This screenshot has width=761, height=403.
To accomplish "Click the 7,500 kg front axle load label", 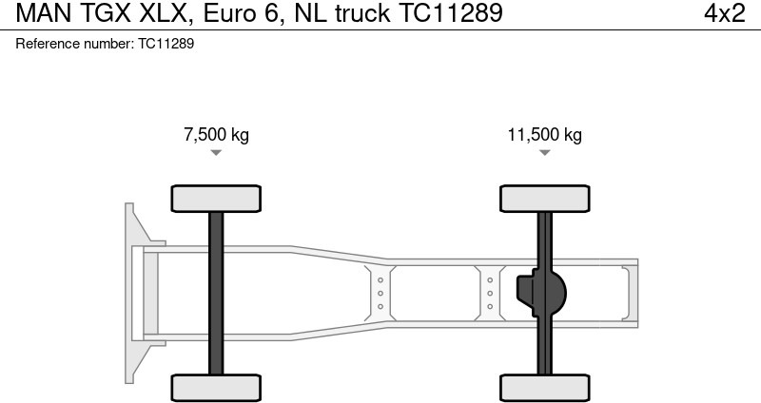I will pyautogui.click(x=216, y=134).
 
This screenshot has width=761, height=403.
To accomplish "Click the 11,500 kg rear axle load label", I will pyautogui.click(x=544, y=134).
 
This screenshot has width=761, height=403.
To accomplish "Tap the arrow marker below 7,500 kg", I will pyautogui.click(x=216, y=152).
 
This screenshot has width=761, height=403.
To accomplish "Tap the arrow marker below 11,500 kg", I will pyautogui.click(x=545, y=152).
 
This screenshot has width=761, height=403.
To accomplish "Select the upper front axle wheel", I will pyautogui.click(x=216, y=198).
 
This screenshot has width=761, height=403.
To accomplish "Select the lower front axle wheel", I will pyautogui.click(x=216, y=387).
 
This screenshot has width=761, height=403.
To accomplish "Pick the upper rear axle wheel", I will pyautogui.click(x=545, y=198).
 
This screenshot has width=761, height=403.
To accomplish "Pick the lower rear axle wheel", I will pyautogui.click(x=545, y=387).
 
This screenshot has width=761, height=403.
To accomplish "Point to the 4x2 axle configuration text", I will pyautogui.click(x=724, y=13).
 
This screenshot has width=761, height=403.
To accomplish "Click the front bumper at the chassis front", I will pyautogui.click(x=134, y=292).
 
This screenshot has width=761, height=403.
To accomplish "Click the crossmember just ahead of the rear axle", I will pyautogui.click(x=490, y=293).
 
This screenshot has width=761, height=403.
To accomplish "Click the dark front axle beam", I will pyautogui.click(x=216, y=292).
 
